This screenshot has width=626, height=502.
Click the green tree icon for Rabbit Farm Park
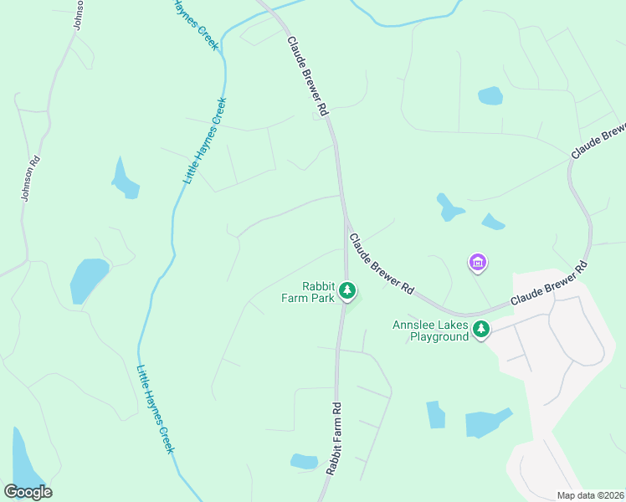tap(347, 291)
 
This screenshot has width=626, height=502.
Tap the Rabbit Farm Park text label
tap(308, 291)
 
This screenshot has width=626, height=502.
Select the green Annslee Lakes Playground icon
tap(480, 330)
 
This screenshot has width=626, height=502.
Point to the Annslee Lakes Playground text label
tap(430, 330)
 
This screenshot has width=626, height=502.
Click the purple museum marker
tap(477, 263)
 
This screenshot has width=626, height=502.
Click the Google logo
tap(28, 492)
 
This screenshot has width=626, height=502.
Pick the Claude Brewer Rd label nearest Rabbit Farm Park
tap(382, 264)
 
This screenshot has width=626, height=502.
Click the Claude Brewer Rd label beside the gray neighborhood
tap(548, 286)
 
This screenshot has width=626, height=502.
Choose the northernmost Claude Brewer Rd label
tap(309, 75)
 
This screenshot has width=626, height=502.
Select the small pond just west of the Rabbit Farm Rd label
tap(303, 461)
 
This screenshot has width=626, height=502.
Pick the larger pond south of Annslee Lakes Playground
tap(486, 423)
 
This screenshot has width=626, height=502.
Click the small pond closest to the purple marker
tap(492, 222)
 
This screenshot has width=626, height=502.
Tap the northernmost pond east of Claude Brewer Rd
tap(490, 95)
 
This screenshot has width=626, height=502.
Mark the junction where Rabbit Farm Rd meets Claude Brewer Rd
tap(345, 226)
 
